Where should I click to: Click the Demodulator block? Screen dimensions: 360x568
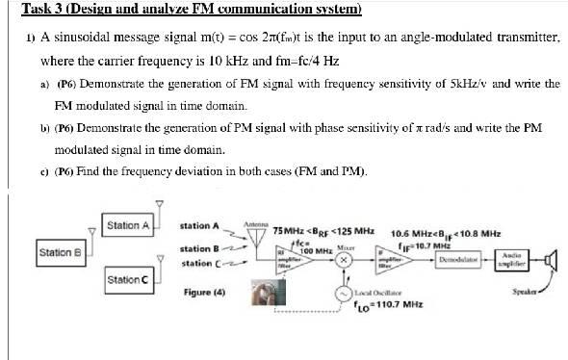458,260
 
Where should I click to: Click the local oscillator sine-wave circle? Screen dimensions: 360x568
343,294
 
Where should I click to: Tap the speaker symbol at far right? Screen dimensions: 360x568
550,259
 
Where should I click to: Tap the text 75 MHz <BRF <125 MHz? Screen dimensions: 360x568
323,231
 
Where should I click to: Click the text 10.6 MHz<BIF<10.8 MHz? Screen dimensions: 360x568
445,233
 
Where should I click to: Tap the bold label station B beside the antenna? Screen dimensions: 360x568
200,248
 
